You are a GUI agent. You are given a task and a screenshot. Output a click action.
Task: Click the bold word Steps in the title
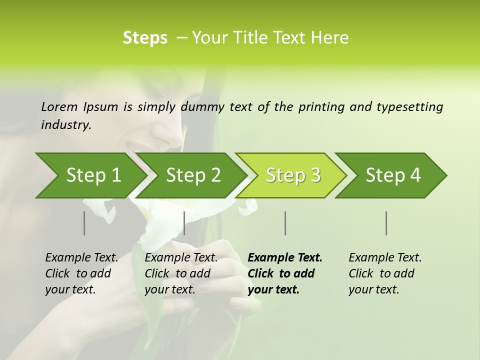coord(145,37)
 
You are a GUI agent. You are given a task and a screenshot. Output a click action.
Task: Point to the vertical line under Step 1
coord(84,223)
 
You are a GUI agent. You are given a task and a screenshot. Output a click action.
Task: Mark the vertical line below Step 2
coord(184,223)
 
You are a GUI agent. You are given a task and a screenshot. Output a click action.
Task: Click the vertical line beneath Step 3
coord(285,223)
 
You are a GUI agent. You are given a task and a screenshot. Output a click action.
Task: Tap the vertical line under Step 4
coord(386,223)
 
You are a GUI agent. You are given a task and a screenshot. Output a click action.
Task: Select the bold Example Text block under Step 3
coord(285,273)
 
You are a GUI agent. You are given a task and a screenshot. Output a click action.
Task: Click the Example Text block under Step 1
coord(81,273)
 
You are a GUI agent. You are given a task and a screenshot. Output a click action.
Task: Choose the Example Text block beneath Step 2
coord(181,273)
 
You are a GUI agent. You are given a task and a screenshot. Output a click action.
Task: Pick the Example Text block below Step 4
coord(385,273)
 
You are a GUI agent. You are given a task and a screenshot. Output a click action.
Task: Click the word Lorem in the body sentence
coord(59,106)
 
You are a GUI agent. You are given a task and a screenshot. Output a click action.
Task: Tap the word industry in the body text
coord(65,124)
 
